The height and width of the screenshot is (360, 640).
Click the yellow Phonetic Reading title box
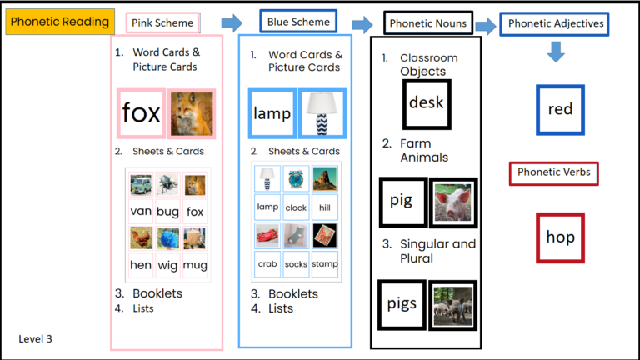tap(61, 22)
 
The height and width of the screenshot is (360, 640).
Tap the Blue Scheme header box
tap(298, 22)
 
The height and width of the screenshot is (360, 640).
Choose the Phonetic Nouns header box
tap(428, 23)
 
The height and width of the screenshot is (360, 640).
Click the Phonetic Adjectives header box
tap(554, 23)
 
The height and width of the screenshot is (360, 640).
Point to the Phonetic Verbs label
tap(554, 172)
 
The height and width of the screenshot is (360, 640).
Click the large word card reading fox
tap(141, 113)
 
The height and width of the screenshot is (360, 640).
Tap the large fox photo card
tap(191, 113)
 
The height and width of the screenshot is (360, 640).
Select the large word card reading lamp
tap(272, 113)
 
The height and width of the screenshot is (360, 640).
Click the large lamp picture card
tap(322, 113)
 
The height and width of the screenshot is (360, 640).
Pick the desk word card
tap(426, 103)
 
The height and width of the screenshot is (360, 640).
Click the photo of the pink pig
tap(452, 202)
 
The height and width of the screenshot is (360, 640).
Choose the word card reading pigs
tap(402, 303)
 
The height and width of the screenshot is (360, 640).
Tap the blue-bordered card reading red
tap(560, 109)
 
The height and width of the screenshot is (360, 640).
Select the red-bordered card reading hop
tap(560, 237)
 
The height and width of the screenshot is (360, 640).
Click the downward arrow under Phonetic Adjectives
tap(556, 52)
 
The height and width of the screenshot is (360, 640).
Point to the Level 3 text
tap(37, 339)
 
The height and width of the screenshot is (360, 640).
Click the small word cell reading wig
tap(167, 266)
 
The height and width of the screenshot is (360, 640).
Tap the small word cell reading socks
tap(296, 264)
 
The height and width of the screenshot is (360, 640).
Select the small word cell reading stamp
tap(324, 264)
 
